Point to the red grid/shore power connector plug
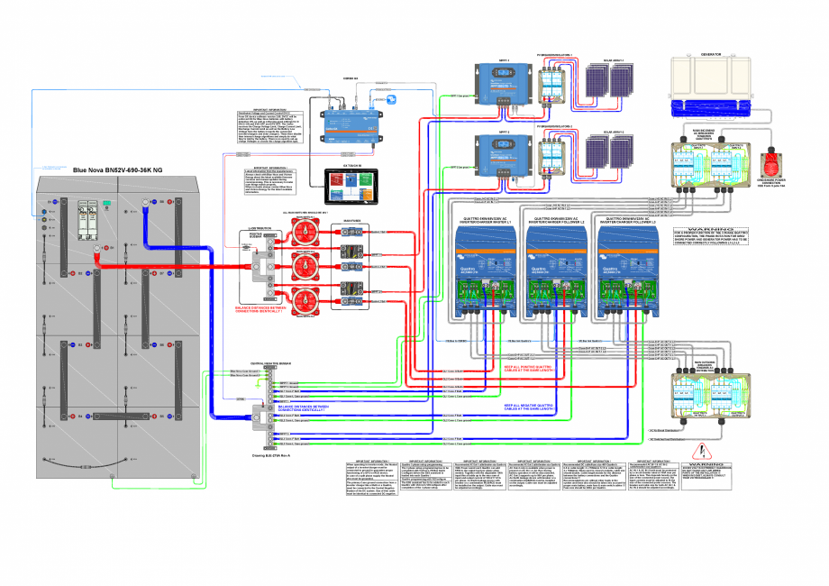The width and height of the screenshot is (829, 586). [770, 164]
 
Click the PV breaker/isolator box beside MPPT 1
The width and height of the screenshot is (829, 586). [552, 84]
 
